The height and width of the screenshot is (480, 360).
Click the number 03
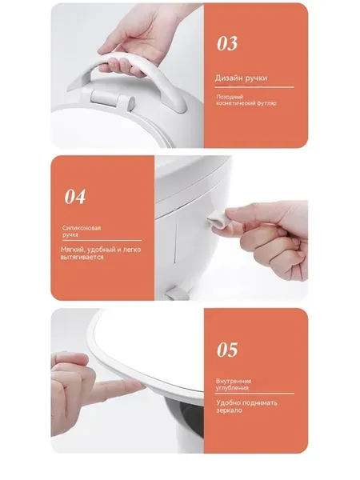tap(227, 43)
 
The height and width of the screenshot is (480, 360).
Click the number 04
tap(75, 197)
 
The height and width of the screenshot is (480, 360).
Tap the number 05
tap(227, 350)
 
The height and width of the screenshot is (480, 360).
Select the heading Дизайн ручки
tap(241, 78)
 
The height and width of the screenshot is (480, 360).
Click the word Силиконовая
tap(82, 228)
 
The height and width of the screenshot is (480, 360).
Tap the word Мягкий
tap(70, 250)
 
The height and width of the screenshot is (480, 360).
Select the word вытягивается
tap(82, 257)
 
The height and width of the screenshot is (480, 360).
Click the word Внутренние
tap(234, 381)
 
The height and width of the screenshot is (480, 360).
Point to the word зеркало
tap(230, 410)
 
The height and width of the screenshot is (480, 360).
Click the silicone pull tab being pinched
tap(216, 221)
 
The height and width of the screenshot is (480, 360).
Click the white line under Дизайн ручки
tap(254, 87)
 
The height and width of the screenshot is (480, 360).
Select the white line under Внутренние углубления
tap(254, 394)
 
